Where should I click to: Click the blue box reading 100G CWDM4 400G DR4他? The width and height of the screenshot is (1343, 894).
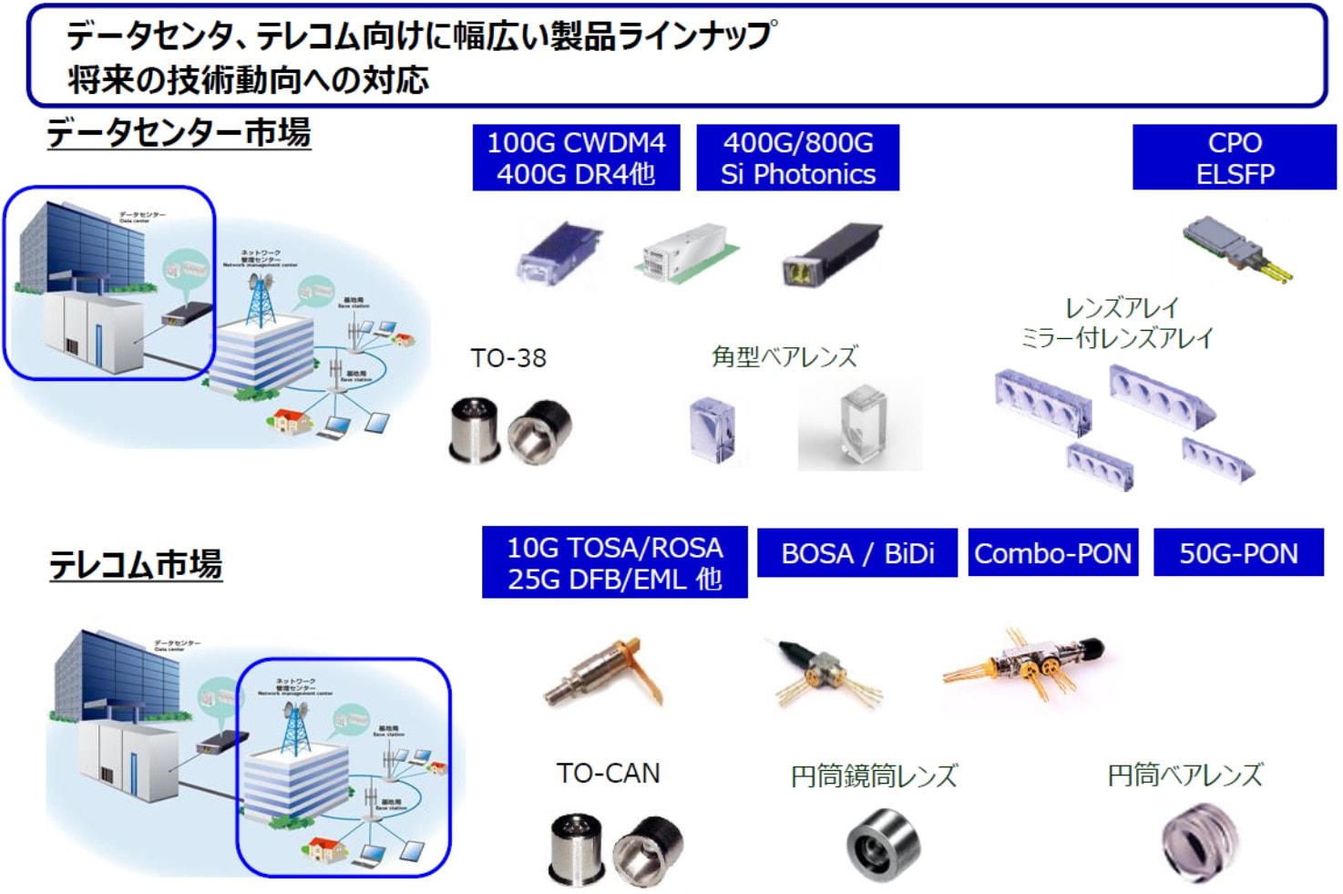pyautogui.click(x=576, y=158)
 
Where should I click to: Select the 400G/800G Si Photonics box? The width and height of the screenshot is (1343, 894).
pyautogui.click(x=797, y=158)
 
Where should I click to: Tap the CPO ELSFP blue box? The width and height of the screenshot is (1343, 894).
pyautogui.click(x=1234, y=158)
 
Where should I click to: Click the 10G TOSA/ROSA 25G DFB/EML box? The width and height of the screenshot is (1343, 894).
pyautogui.click(x=614, y=562)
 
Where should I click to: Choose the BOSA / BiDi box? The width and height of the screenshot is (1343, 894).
pyautogui.click(x=856, y=553)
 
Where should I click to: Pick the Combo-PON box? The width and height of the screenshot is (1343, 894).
pyautogui.click(x=1052, y=553)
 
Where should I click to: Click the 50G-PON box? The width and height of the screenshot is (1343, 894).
pyautogui.click(x=1237, y=553)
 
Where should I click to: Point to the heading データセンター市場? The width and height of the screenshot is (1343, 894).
pyautogui.click(x=179, y=133)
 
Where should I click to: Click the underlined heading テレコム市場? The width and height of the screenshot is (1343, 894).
pyautogui.click(x=136, y=564)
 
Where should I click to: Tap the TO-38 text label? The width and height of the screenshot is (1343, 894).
pyautogui.click(x=508, y=358)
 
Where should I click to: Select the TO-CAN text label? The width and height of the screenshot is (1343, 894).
pyautogui.click(x=608, y=774)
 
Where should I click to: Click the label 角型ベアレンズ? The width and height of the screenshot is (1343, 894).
pyautogui.click(x=784, y=356)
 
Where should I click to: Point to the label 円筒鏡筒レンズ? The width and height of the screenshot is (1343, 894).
pyautogui.click(x=874, y=776)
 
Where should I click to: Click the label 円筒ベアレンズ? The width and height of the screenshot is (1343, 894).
pyautogui.click(x=1184, y=776)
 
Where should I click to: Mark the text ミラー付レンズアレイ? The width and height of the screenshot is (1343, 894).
pyautogui.click(x=1117, y=338)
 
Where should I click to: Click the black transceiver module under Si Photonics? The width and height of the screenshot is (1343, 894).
pyautogui.click(x=830, y=254)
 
